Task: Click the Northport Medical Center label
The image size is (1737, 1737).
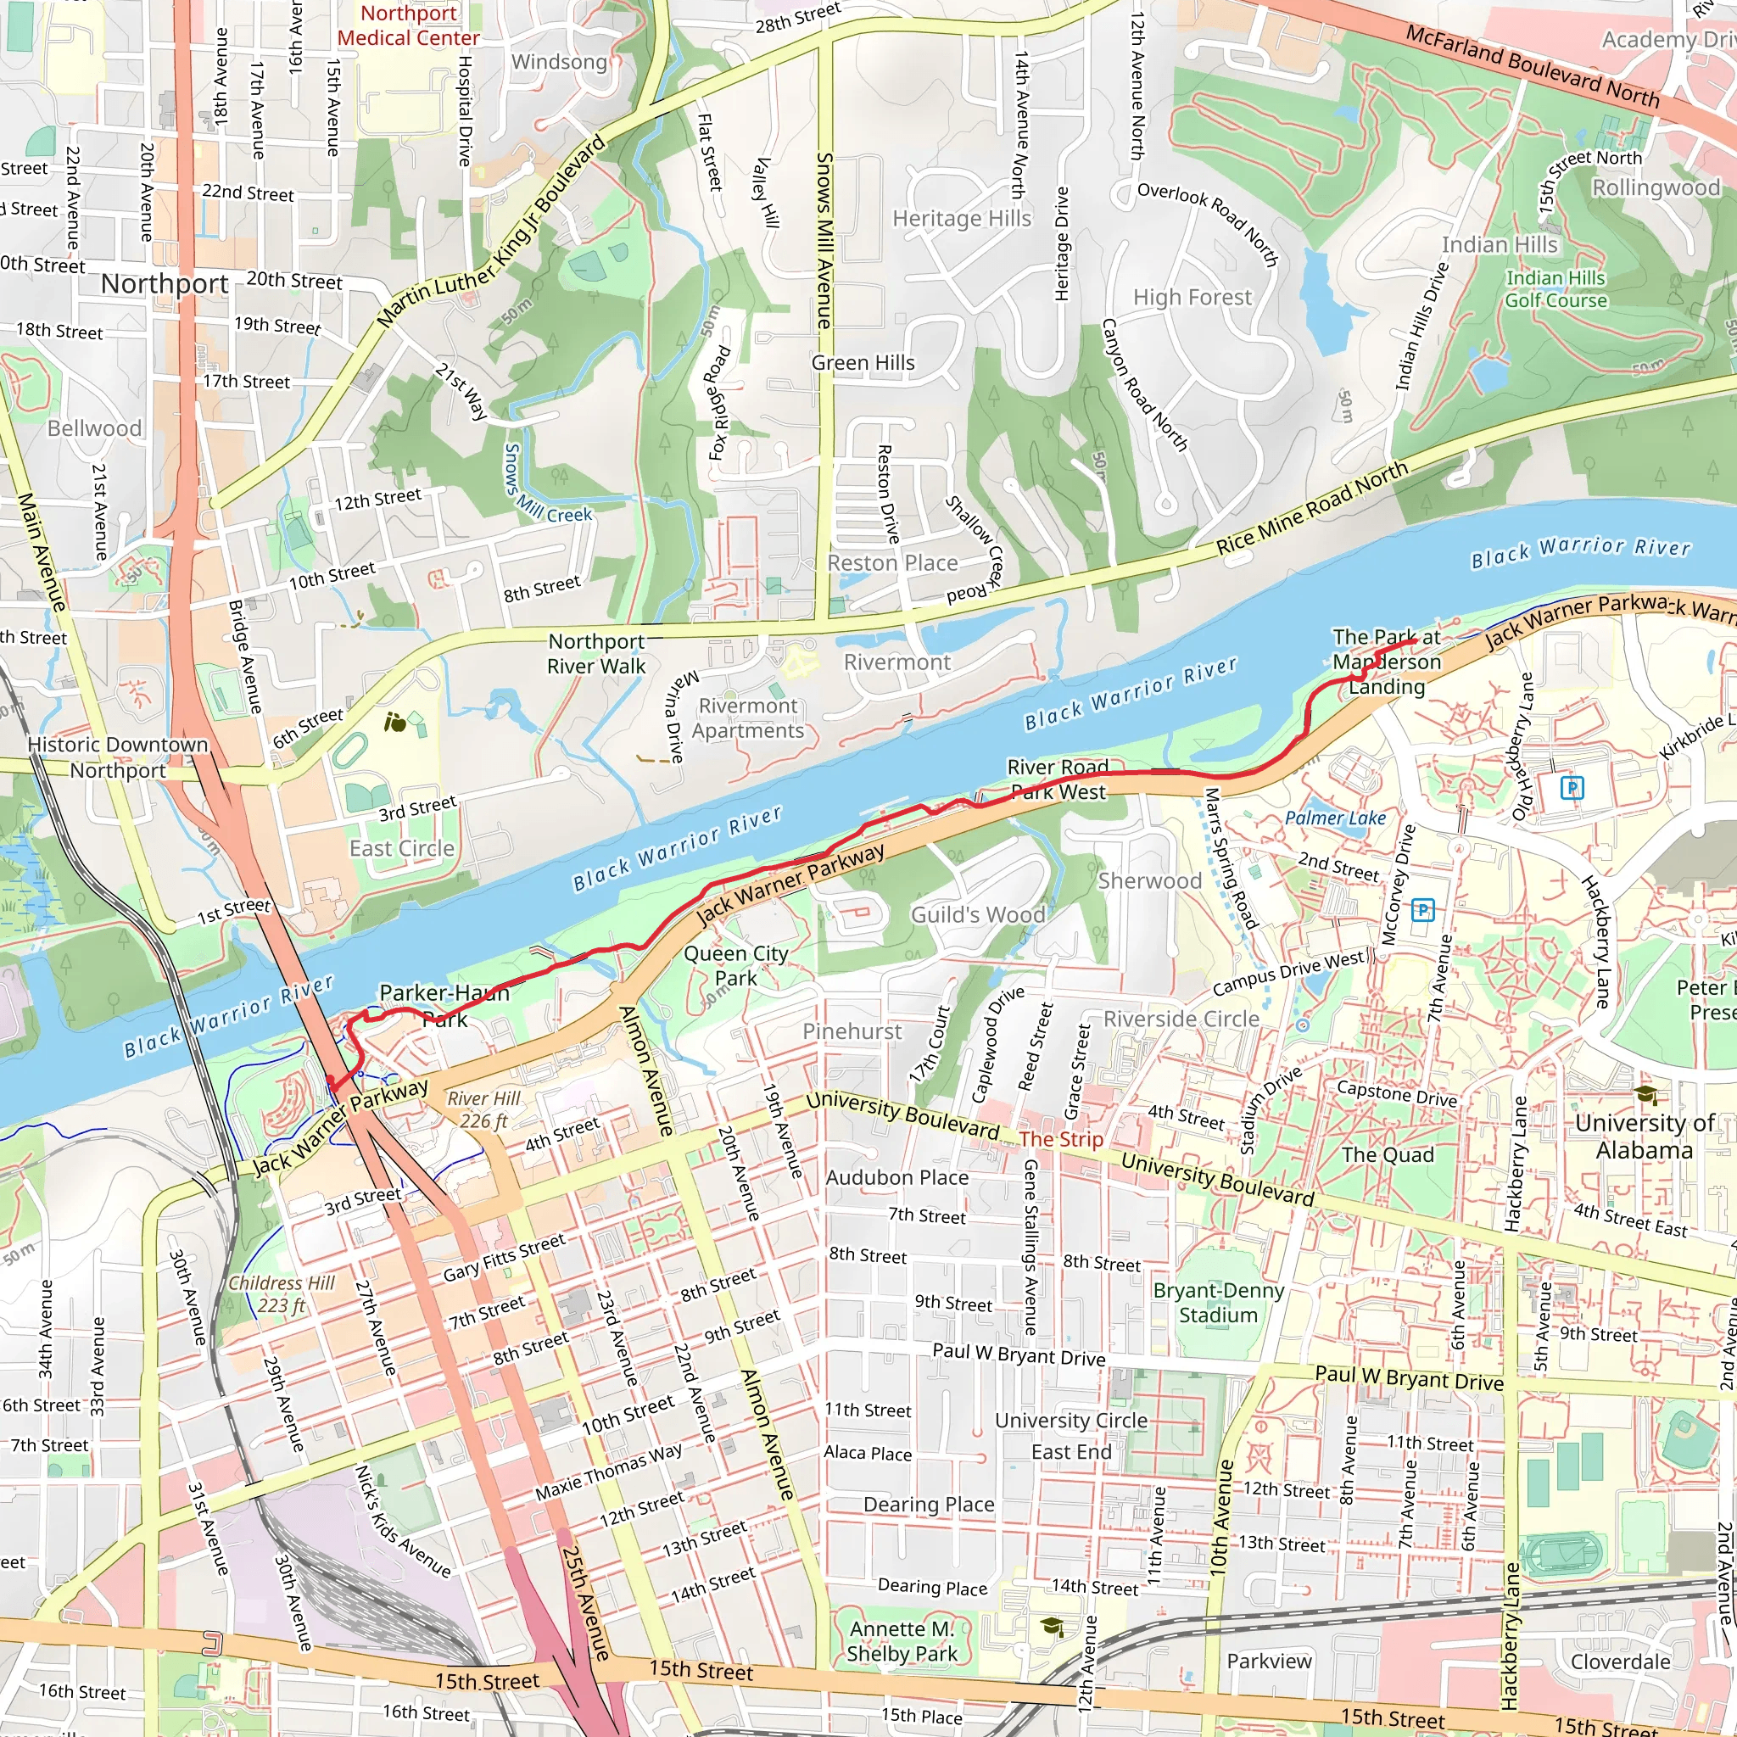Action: click(x=408, y=25)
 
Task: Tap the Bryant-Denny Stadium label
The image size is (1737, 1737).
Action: click(x=1218, y=1303)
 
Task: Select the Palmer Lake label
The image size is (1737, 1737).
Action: click(x=1335, y=818)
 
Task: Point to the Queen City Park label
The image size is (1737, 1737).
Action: click(x=735, y=964)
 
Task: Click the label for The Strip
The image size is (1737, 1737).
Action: click(x=1061, y=1139)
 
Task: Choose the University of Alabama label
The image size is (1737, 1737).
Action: click(x=1645, y=1137)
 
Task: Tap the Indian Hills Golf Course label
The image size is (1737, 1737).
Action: click(x=1556, y=289)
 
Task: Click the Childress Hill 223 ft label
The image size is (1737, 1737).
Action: click(x=282, y=1294)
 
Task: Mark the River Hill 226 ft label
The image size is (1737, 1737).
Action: click(x=483, y=1109)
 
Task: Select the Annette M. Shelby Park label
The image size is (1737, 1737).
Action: click(x=902, y=1641)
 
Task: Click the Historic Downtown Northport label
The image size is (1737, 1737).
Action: click(x=118, y=757)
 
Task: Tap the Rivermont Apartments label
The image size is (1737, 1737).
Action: click(x=748, y=718)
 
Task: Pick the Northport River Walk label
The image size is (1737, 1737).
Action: click(x=597, y=654)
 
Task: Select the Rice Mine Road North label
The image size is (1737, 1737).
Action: click(x=1312, y=509)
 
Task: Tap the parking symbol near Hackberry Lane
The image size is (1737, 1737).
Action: click(x=1572, y=789)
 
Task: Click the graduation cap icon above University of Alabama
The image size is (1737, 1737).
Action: click(x=1646, y=1095)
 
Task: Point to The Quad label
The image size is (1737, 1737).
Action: click(x=1388, y=1155)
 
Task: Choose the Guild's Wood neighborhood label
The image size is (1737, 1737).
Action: click(x=977, y=915)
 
